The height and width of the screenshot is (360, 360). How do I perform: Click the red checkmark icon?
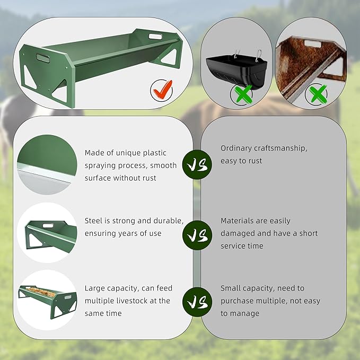162,90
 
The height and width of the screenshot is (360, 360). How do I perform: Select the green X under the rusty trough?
317,94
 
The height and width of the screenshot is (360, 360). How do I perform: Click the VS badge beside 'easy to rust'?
197,164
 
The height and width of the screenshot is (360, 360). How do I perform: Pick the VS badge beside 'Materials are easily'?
197,235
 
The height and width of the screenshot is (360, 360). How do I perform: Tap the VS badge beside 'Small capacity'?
197,302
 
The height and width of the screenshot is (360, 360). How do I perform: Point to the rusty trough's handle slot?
313,43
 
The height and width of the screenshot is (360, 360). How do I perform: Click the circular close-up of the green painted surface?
47,164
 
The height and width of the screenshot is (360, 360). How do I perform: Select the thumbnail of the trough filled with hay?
47,300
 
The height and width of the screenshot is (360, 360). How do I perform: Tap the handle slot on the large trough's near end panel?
43,58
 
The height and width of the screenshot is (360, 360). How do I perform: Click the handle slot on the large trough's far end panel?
155,37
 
